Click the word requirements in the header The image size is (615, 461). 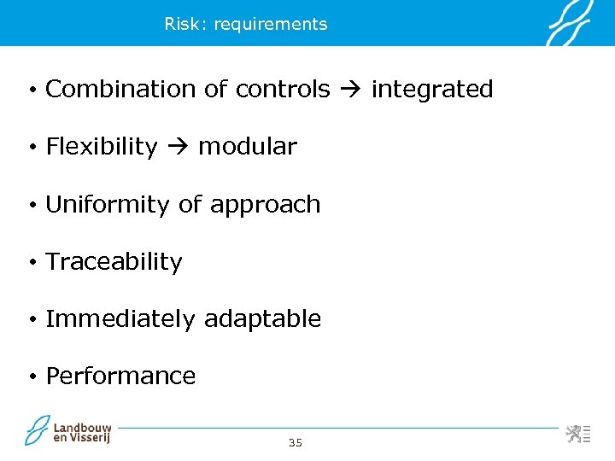pyautogui.click(x=271, y=25)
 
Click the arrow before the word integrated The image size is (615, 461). pyautogui.click(x=349, y=90)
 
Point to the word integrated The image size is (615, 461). pyautogui.click(x=431, y=90)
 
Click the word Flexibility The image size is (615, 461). pyautogui.click(x=102, y=147)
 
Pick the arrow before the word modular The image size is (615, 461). pyautogui.click(x=177, y=147)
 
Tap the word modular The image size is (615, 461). pyautogui.click(x=247, y=147)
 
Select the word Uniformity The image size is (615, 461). pyautogui.click(x=108, y=205)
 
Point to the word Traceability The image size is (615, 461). pyautogui.click(x=114, y=262)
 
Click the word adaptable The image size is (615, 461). pyautogui.click(x=263, y=319)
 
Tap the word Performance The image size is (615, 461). pyautogui.click(x=120, y=376)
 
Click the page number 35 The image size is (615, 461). pyautogui.click(x=296, y=442)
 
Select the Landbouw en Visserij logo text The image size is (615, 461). pyautogui.click(x=82, y=433)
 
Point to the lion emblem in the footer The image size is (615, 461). pyautogui.click(x=573, y=433)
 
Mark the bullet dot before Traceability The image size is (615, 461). pyautogui.click(x=30, y=263)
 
